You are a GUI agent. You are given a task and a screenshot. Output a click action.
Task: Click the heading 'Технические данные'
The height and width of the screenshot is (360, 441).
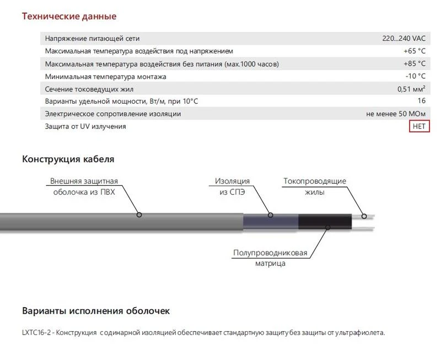tap(69, 16)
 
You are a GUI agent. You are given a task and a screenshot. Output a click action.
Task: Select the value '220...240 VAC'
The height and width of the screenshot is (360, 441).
tap(404, 39)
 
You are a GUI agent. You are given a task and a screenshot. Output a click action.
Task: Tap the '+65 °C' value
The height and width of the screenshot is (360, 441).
tap(415, 51)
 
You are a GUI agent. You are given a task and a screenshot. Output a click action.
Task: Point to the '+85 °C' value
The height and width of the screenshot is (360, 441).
tap(415, 64)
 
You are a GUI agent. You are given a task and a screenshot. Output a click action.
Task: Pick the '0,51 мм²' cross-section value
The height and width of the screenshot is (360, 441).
tap(411, 89)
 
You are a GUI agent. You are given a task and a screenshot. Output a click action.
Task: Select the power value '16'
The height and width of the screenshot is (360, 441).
tap(422, 101)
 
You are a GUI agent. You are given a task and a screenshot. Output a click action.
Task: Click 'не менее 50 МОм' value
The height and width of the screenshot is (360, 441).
tap(396, 114)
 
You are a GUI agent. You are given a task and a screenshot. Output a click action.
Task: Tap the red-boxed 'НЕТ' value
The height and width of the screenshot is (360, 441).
tap(420, 127)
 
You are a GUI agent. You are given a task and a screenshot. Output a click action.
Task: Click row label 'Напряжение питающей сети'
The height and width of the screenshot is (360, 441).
tap(92, 39)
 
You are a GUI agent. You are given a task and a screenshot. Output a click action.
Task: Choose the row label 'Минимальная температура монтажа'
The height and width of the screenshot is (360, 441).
tap(105, 77)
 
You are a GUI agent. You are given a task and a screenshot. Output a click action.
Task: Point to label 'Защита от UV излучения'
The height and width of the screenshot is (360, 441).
tap(85, 127)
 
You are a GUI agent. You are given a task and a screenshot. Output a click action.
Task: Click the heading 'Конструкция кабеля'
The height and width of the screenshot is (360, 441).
tap(68, 159)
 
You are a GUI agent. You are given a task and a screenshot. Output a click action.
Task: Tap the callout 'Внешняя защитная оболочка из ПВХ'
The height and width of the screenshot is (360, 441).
tap(84, 187)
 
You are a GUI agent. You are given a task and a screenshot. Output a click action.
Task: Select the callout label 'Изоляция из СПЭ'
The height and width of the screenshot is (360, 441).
tap(232, 187)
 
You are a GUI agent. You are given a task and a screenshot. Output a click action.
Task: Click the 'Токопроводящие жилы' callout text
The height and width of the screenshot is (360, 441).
tap(315, 187)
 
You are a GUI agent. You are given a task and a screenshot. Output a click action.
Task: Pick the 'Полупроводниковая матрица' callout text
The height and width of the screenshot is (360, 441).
tap(270, 258)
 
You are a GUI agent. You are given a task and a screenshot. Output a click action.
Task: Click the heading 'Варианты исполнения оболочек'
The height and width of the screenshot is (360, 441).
tap(96, 311)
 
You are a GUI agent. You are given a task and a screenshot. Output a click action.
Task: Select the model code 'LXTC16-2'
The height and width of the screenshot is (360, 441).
tap(37, 333)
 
